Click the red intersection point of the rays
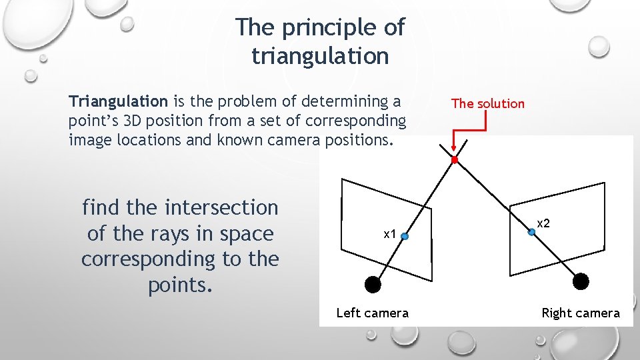pyautogui.click(x=455, y=160)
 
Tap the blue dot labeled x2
pyautogui.click(x=531, y=232)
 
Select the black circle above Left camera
pyautogui.click(x=373, y=285)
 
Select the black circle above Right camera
pyautogui.click(x=581, y=281)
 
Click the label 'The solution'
pyautogui.click(x=487, y=103)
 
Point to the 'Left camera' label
pyautogui.click(x=372, y=313)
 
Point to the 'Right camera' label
pyautogui.click(x=580, y=313)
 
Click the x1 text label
pyautogui.click(x=389, y=234)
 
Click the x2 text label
pyautogui.click(x=544, y=223)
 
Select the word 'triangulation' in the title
pyautogui.click(x=319, y=56)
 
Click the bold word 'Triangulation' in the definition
pyautogui.click(x=118, y=101)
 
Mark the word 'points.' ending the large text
pyautogui.click(x=180, y=285)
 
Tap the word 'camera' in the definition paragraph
pyautogui.click(x=299, y=141)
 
